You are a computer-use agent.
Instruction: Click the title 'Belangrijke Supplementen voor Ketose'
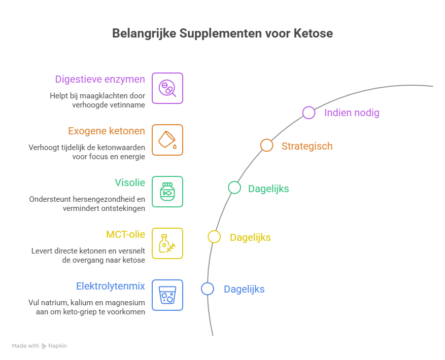pos(222,33)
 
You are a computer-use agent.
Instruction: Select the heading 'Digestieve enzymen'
pos(100,79)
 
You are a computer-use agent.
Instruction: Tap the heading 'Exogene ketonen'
pos(107,131)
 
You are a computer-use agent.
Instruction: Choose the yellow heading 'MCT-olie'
pos(125,234)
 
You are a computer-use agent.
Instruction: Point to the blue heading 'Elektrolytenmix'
pos(111,286)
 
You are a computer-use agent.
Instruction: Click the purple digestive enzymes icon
pos(167,88)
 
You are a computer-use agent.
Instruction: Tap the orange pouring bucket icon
pos(167,140)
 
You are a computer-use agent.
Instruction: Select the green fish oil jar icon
pos(167,192)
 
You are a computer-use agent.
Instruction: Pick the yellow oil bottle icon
pos(167,243)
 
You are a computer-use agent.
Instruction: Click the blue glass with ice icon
pos(167,295)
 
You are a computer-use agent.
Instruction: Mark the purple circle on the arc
pos(309,113)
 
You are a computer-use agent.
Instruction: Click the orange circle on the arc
pos(266,146)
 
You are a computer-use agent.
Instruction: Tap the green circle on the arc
pos(234,188)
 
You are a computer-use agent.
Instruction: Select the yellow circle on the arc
pos(214,236)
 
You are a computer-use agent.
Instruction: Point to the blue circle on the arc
pos(207,289)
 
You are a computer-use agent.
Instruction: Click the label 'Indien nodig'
pos(352,113)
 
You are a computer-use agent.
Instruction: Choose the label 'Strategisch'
pos(307,146)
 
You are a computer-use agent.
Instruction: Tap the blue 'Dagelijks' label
pos(244,289)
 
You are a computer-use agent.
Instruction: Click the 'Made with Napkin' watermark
pos(40,346)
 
